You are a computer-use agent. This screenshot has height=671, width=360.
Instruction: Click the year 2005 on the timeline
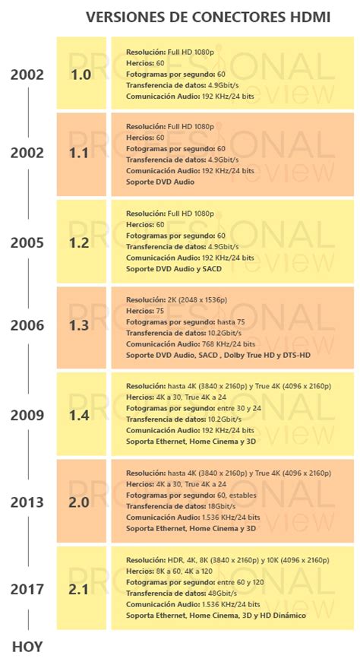tap(27, 243)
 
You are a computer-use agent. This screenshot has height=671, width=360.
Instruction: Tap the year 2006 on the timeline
tap(27, 325)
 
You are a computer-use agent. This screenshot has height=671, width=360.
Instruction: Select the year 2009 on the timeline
tap(27, 415)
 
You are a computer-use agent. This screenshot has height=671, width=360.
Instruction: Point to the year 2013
tap(27, 502)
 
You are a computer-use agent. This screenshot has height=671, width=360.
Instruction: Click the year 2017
tap(27, 589)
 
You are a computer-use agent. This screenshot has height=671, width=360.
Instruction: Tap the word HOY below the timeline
tap(27, 647)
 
